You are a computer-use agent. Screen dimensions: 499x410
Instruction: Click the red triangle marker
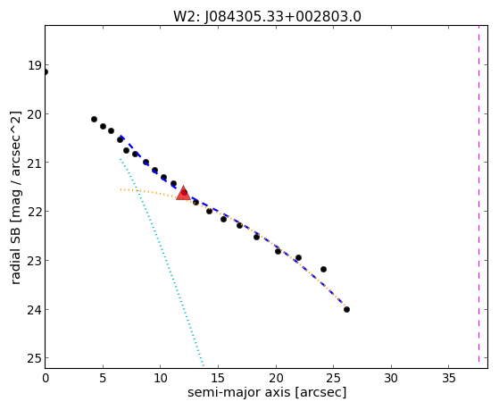pyautogui.click(x=183, y=193)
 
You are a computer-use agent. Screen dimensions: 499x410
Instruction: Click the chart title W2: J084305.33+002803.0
pyautogui.click(x=267, y=17)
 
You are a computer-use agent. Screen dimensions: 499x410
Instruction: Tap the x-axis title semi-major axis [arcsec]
pyautogui.click(x=267, y=392)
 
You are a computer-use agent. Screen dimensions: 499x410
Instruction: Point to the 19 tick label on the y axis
pyautogui.click(x=35, y=65)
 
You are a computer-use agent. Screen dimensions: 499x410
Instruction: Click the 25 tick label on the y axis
pyautogui.click(x=35, y=359)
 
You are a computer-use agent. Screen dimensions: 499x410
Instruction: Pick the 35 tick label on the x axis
pyautogui.click(x=449, y=379)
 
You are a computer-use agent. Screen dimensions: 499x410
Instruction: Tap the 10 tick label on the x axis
pyautogui.click(x=161, y=379)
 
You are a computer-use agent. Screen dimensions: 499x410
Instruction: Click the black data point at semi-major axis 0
pyautogui.click(x=46, y=72)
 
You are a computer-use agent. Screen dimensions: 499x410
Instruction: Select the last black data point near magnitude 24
pyautogui.click(x=346, y=309)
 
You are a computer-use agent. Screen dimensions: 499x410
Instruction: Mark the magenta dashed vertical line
pyautogui.click(x=478, y=197)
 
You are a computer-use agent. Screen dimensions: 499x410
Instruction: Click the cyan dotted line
pyautogui.click(x=162, y=263)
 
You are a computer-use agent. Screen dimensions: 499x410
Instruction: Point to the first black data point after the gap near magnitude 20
pyautogui.click(x=94, y=119)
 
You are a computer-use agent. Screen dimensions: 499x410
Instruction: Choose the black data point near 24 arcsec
pyautogui.click(x=323, y=269)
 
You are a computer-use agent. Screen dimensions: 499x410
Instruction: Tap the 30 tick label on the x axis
pyautogui.click(x=391, y=379)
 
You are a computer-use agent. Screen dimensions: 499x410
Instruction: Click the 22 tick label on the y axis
pyautogui.click(x=35, y=212)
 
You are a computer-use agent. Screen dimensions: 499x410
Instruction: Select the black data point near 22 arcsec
pyautogui.click(x=298, y=257)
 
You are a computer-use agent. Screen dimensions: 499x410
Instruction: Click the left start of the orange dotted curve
pyautogui.click(x=121, y=189)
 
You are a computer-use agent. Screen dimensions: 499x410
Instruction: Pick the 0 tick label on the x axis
pyautogui.click(x=46, y=379)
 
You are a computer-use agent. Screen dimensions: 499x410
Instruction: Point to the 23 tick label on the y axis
pyautogui.click(x=35, y=261)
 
